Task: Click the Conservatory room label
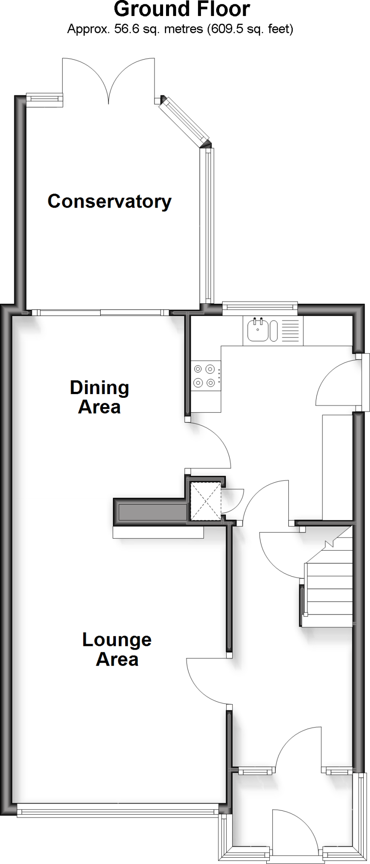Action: tap(110, 201)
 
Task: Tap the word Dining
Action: tap(99, 388)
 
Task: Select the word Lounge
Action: tap(117, 640)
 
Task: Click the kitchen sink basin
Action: tap(257, 330)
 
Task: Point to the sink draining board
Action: tap(290, 330)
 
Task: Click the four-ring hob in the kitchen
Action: tap(205, 376)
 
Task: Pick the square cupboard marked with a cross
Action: tap(206, 501)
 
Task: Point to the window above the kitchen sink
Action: tap(260, 308)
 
